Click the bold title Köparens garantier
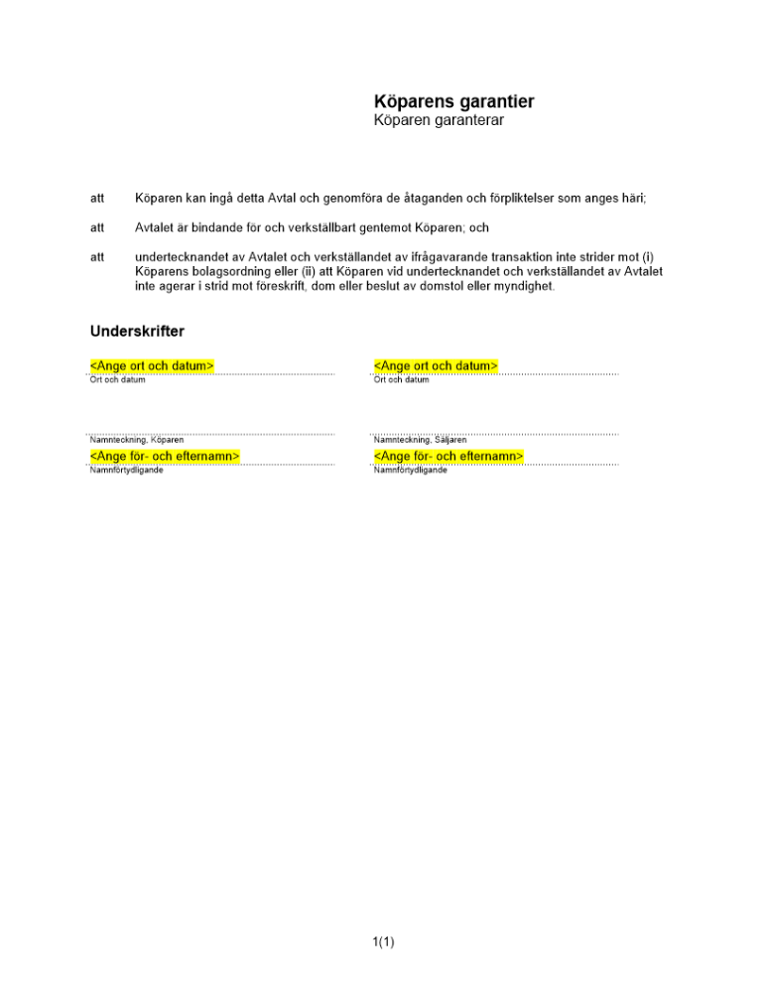453,101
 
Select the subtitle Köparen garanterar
439,121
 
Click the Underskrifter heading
137,331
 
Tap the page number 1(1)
384,941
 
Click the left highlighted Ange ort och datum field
152,366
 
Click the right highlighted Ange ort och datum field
436,366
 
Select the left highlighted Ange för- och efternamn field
165,456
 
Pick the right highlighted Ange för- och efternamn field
448,456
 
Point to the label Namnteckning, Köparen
137,440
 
